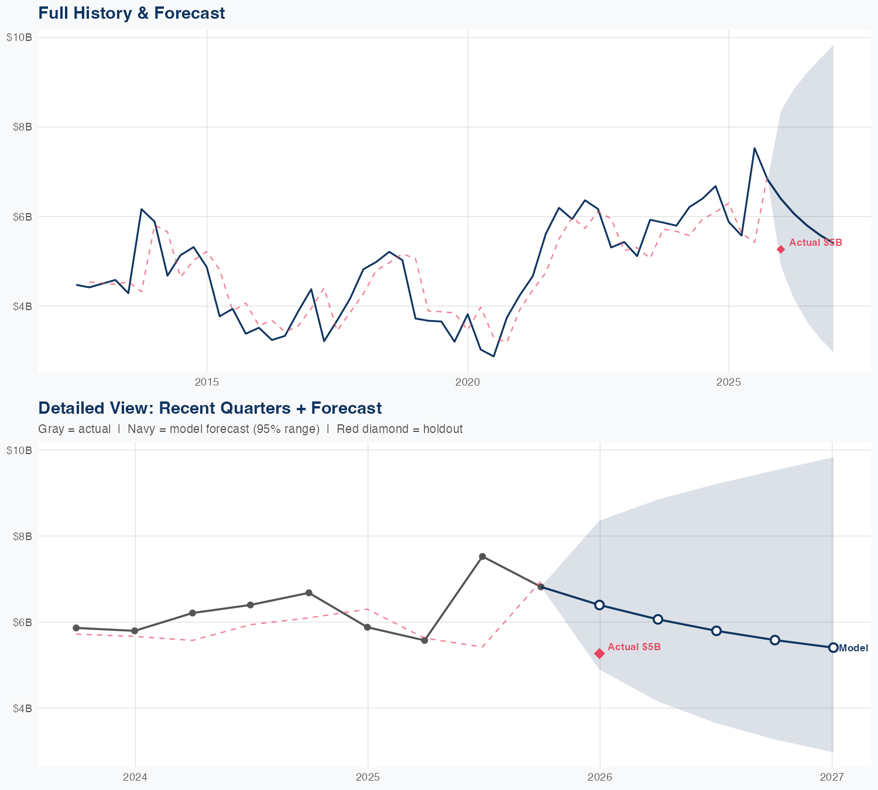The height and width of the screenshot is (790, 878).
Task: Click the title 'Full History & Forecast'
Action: click(x=131, y=13)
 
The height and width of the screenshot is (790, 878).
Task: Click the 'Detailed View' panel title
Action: click(x=210, y=408)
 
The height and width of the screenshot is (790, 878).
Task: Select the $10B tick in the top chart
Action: click(x=19, y=37)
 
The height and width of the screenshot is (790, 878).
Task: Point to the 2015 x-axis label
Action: click(x=207, y=382)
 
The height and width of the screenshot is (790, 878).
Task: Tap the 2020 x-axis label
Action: click(x=468, y=382)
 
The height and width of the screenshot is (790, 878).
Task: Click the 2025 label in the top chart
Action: click(x=729, y=382)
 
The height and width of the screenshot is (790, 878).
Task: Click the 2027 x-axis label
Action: click(x=832, y=777)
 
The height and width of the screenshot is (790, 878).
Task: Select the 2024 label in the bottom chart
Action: click(x=135, y=777)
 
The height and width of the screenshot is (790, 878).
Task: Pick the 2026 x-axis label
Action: click(x=600, y=777)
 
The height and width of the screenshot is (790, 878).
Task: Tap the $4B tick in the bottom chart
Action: click(x=22, y=708)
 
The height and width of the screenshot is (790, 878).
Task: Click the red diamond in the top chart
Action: click(x=781, y=249)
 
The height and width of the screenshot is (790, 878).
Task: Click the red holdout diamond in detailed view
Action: click(x=599, y=654)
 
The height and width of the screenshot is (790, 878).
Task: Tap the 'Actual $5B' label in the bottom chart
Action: click(x=634, y=647)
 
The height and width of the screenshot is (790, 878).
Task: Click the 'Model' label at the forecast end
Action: click(x=853, y=648)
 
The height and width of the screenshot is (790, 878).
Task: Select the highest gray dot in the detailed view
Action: click(x=482, y=557)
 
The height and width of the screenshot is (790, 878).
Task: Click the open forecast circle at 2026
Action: click(x=599, y=604)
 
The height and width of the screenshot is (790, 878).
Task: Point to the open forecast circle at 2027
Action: click(x=833, y=647)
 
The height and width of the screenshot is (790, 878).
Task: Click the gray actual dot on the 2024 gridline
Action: click(x=135, y=631)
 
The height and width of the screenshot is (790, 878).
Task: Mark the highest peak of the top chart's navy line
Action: click(x=754, y=148)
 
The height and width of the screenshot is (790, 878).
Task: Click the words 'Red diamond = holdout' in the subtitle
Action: click(x=399, y=429)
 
